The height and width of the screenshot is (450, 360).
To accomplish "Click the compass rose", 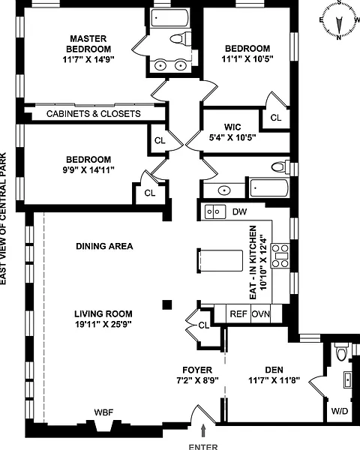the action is tap(339, 21).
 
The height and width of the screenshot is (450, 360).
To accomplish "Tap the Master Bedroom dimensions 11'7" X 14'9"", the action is tap(88, 60).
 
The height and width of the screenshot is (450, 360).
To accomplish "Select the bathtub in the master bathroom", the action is tap(170, 18).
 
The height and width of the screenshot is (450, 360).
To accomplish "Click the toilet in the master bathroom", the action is tap(181, 38).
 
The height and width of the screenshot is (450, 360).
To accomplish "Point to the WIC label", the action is tap(232, 127).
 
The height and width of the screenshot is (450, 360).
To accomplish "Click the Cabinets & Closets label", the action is tap(94, 114).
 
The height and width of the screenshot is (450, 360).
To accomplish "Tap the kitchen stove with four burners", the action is tap(280, 256).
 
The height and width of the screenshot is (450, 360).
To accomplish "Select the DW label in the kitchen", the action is tap(239, 211).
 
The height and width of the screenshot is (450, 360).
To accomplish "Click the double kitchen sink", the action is tap(215, 211).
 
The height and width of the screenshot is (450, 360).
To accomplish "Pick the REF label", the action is tap(238, 314).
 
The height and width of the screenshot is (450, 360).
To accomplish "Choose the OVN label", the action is tap(261, 314).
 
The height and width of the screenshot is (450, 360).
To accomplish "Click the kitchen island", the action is tap(220, 260).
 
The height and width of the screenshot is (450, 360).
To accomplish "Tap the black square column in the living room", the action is tap(167, 304).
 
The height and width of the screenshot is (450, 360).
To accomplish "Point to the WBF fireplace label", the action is tap(103, 412).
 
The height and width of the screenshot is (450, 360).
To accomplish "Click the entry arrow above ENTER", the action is tap(203, 430).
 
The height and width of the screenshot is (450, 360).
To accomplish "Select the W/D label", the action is tap(340, 411).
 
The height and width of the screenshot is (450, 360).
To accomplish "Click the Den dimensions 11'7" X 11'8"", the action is tap(274, 380).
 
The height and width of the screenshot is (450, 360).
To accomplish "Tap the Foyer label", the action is tap(197, 370).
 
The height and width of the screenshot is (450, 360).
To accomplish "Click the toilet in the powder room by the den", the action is tap(342, 352).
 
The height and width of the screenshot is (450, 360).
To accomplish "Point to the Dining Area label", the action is tap(104, 246).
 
